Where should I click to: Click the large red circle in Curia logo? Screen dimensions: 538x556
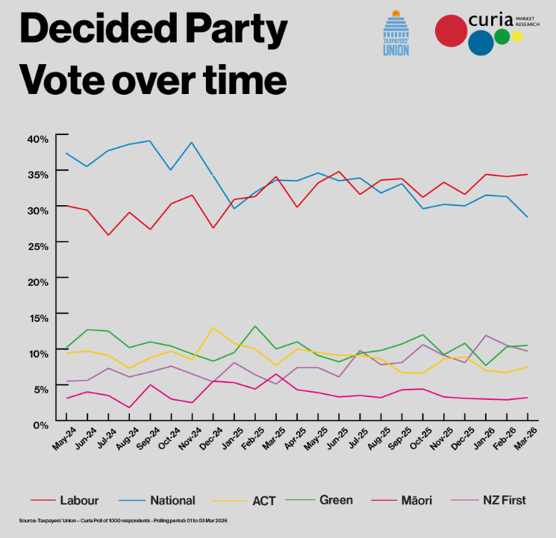coord(452,31)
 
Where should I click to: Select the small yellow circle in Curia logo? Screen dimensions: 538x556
coord(517,36)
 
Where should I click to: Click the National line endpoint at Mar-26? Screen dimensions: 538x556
coord(527,216)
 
